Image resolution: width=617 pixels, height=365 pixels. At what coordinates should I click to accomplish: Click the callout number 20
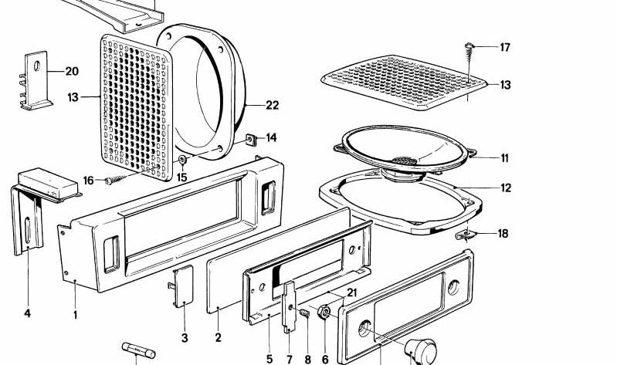[x=71, y=72]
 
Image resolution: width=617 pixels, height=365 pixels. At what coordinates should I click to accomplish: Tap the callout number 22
[x=272, y=106]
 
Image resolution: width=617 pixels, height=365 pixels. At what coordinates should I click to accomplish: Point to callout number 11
[x=504, y=158]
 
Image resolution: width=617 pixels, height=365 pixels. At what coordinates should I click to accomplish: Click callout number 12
[x=505, y=188]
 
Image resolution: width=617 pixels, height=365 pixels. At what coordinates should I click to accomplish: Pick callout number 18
[x=503, y=233]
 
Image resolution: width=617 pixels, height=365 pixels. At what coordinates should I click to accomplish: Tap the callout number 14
[x=271, y=138]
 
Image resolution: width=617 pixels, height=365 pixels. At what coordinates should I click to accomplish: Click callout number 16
[x=89, y=181]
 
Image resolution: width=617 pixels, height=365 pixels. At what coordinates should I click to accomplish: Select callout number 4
[x=27, y=314]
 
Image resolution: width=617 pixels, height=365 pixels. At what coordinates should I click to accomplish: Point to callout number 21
[x=352, y=292]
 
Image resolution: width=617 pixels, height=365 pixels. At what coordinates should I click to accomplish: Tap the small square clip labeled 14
[x=250, y=140]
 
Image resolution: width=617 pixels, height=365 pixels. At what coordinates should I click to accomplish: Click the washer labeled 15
[x=182, y=160]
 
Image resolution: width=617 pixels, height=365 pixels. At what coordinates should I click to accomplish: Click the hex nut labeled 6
[x=325, y=313]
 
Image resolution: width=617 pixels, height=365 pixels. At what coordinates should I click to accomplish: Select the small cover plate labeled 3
[x=184, y=287]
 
